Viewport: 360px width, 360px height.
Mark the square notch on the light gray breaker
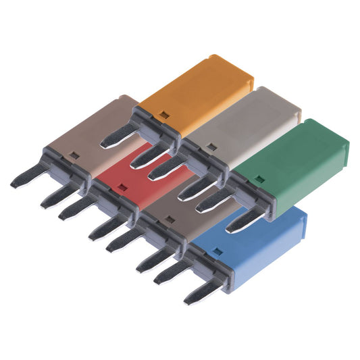click(211, 146)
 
